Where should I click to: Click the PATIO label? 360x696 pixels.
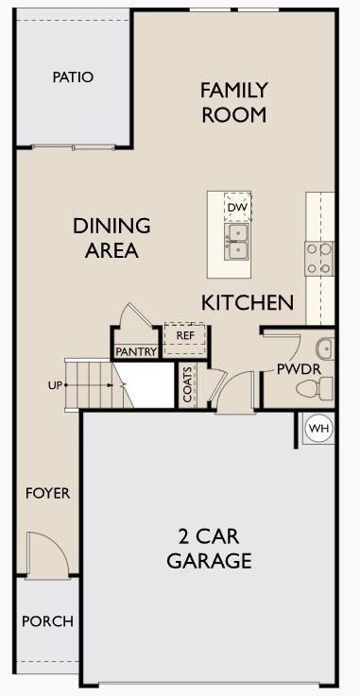(x=73, y=76)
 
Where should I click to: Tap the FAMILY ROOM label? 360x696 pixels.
(x=233, y=102)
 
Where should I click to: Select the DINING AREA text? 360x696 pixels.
(x=111, y=238)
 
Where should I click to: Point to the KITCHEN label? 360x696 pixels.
(x=248, y=302)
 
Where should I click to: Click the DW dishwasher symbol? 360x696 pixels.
(x=236, y=206)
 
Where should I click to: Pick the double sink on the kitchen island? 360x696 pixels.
(x=236, y=241)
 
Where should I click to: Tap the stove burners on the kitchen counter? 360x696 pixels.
(x=319, y=258)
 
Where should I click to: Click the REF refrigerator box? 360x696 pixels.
(x=184, y=335)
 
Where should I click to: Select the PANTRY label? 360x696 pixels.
(x=136, y=352)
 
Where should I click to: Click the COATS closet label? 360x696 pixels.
(x=188, y=385)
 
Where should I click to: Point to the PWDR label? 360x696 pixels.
(x=299, y=368)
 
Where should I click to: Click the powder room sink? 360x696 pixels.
(x=324, y=348)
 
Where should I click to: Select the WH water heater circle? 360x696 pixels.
(x=319, y=429)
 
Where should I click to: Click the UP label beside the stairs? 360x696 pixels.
(x=55, y=385)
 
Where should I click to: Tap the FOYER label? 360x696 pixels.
(x=47, y=493)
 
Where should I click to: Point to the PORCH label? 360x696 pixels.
(x=47, y=621)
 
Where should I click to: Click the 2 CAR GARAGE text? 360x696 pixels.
(x=209, y=548)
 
